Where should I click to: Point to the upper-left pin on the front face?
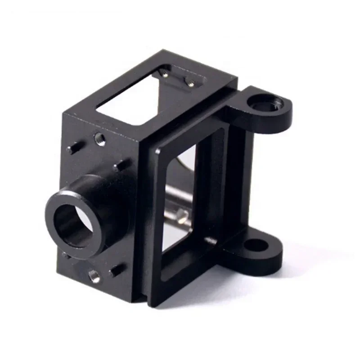click(x=73, y=147)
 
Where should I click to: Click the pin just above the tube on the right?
click(x=120, y=166)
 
